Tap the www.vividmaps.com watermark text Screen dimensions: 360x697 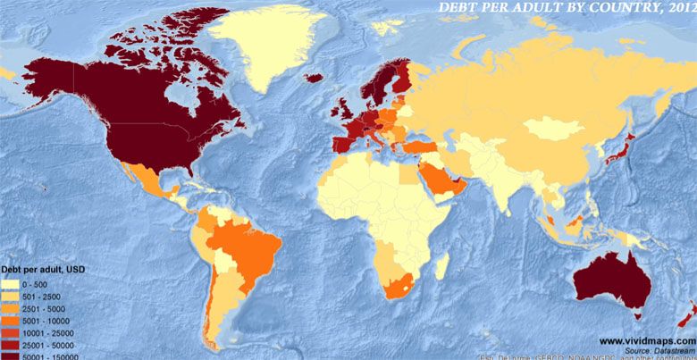(x=646, y=341)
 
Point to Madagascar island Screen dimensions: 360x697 (x=441, y=264)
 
